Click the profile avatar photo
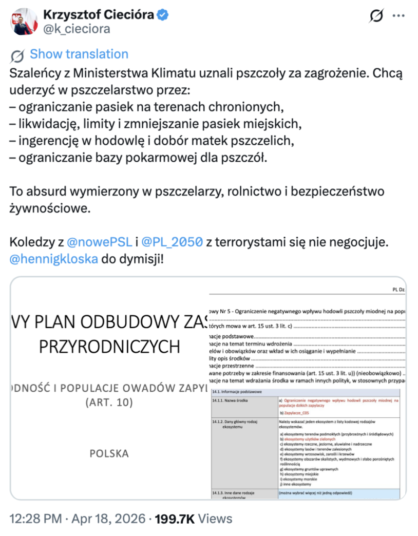coord(21,21)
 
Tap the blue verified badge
coord(162,15)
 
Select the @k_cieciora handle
coord(76,29)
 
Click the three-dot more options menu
coord(398,16)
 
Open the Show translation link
coord(79,54)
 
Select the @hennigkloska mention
coord(53,258)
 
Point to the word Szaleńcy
coord(33,73)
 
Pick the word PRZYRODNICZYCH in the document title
coord(109,347)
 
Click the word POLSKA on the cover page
coord(109,453)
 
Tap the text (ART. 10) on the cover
coord(109,402)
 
